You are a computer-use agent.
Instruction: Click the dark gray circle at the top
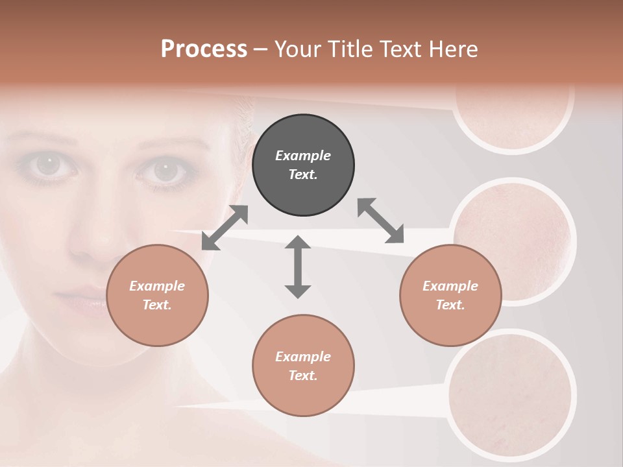[303, 165]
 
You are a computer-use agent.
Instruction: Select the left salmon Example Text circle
[157, 295]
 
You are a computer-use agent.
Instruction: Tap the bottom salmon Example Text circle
[303, 365]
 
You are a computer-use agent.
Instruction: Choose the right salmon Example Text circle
[450, 295]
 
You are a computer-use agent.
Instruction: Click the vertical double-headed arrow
[298, 267]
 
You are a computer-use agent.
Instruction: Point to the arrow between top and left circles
[225, 227]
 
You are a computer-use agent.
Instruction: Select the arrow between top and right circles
[380, 221]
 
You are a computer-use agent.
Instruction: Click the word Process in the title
[204, 49]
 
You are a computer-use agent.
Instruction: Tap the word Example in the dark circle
[303, 156]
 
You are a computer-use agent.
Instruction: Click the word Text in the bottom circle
[303, 376]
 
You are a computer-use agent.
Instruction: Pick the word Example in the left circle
[157, 286]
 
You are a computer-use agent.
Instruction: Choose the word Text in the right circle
[450, 305]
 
